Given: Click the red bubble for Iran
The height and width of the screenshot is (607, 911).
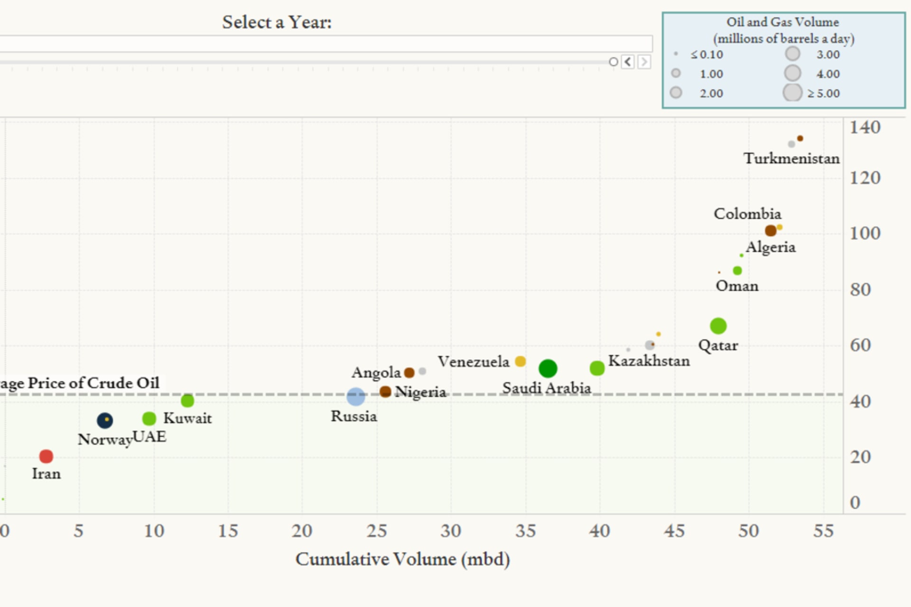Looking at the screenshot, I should coord(46,457).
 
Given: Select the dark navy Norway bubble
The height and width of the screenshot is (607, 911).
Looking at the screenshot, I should coord(105,420).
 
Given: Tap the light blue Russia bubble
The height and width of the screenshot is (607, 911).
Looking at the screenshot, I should coord(356,396).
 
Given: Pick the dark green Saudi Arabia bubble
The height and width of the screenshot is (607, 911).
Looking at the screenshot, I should coord(548,368).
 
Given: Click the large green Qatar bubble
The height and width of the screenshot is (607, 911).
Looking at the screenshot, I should coord(718,326).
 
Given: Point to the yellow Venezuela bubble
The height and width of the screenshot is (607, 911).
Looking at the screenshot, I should coord(521,361).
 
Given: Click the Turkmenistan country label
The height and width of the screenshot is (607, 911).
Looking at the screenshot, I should coord(791,159).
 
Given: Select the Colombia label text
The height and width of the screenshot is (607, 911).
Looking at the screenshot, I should coord(747,214).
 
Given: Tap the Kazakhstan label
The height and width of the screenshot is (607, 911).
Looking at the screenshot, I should coord(649,361).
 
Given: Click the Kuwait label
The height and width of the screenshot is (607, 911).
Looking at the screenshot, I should coord(187,419).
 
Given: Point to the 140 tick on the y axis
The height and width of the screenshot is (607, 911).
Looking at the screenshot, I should coord(865,128).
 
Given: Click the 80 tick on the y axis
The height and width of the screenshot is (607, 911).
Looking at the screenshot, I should coord(860,290).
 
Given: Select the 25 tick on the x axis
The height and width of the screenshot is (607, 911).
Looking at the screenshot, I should coord(377,531).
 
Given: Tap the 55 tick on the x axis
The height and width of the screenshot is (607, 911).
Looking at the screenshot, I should coord(823,531).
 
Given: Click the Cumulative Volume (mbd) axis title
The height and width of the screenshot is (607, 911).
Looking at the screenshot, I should coord(402,560).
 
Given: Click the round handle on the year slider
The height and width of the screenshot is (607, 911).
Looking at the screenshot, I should coord(614,62).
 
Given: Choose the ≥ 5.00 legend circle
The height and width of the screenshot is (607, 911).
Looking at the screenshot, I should coord(792,93).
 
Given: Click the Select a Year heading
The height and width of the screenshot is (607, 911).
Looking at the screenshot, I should coord(277,22).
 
